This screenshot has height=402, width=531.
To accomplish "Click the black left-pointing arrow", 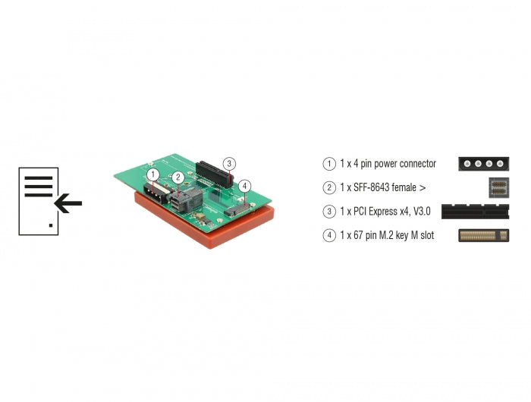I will (68, 203).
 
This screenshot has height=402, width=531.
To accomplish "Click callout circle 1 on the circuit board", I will (153, 174).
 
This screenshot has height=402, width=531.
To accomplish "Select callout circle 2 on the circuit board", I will (176, 178).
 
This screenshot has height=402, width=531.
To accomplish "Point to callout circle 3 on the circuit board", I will (229, 163).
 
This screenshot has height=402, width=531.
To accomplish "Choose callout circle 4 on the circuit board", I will (244, 185).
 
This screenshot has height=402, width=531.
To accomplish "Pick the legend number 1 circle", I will (328, 163).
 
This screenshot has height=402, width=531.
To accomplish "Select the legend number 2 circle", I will (328, 187).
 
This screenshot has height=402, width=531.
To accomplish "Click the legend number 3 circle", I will (328, 212).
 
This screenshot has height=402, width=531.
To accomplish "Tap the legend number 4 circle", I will (328, 236).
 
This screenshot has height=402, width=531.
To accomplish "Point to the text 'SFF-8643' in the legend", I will (374, 187).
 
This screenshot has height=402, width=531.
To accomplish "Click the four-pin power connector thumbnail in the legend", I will (484, 163).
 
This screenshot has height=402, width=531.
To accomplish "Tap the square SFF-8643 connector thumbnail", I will (498, 187).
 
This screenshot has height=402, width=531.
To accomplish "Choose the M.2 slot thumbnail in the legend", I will (484, 236).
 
